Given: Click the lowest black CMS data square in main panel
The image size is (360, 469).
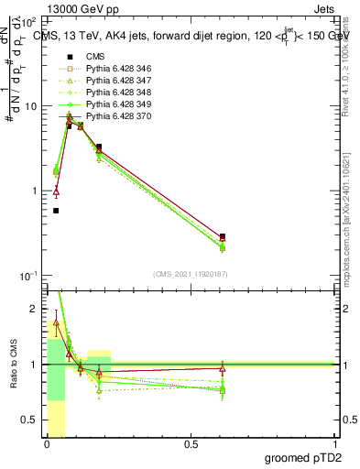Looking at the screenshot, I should point(56,211).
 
